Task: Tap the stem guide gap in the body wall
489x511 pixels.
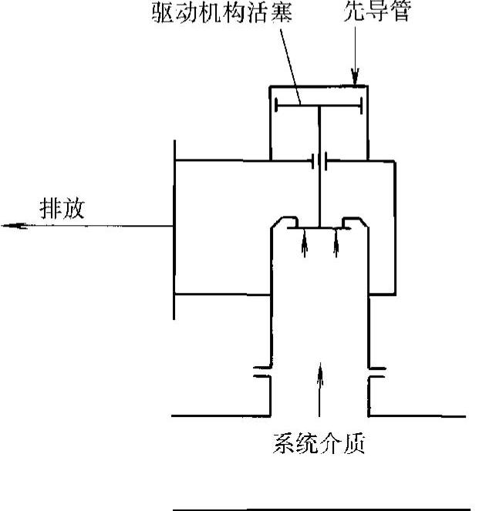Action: pyautogui.click(x=319, y=161)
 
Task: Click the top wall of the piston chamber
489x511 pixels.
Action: pyautogui.click(x=319, y=87)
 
